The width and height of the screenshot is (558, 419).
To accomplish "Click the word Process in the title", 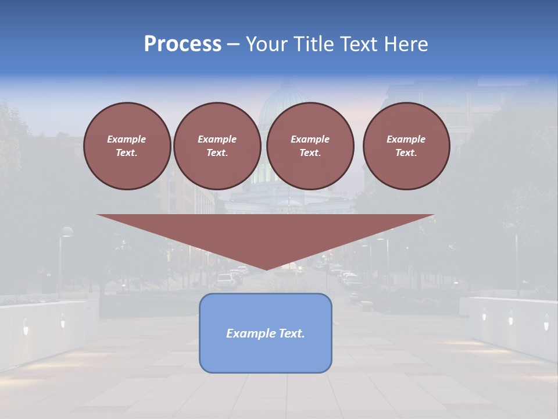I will pyautogui.click(x=183, y=44).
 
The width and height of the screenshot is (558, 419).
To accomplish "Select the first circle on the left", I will pyautogui.click(x=127, y=146).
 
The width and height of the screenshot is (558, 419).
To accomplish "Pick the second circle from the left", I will pyautogui.click(x=217, y=146).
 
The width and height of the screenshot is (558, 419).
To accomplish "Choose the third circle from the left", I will pyautogui.click(x=310, y=146).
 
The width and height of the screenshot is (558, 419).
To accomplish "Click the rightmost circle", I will pyautogui.click(x=406, y=146).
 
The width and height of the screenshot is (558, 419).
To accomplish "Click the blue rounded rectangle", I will pyautogui.click(x=266, y=333).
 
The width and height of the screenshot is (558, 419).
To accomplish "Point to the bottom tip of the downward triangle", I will pyautogui.click(x=266, y=269).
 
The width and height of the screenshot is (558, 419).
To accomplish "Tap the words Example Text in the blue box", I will pyautogui.click(x=266, y=333).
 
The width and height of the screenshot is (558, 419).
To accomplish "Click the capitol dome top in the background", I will pyautogui.click(x=285, y=87).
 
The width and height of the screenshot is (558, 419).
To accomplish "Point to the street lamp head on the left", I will pyautogui.click(x=67, y=232).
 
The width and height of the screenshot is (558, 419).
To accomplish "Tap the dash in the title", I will pyautogui.click(x=233, y=44).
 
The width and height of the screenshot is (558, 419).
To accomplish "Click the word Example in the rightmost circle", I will pyautogui.click(x=406, y=139).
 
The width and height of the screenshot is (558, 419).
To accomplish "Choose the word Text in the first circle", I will pyautogui.click(x=126, y=153).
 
